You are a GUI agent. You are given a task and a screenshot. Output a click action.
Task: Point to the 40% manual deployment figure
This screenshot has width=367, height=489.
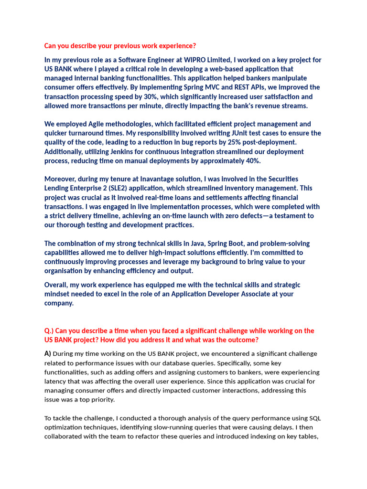(x=253, y=160)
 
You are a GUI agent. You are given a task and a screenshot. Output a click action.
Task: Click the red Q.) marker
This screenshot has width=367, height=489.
(x=50, y=331)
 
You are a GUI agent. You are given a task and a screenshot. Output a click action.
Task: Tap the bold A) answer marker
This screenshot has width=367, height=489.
(x=48, y=354)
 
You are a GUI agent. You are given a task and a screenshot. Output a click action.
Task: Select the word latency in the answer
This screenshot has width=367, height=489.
(x=57, y=382)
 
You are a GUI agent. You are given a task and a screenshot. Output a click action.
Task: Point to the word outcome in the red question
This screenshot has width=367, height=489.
(x=242, y=340)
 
